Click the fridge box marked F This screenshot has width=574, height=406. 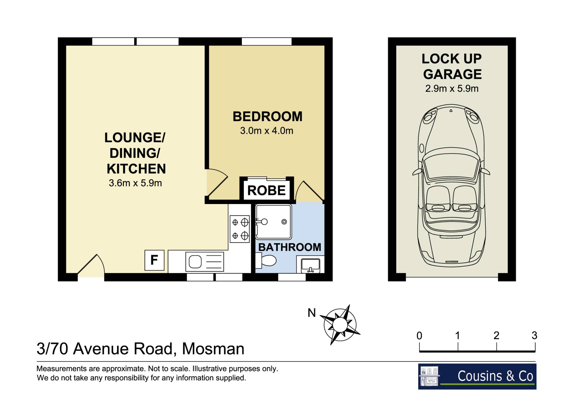[x=154, y=260]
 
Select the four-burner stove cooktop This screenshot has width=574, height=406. [x=240, y=229]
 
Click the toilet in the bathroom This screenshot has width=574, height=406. [x=266, y=260]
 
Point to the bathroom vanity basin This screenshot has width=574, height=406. [x=311, y=265]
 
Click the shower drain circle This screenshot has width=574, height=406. [x=284, y=222]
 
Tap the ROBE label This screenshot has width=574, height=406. [x=266, y=191]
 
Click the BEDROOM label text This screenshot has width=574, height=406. [x=268, y=116]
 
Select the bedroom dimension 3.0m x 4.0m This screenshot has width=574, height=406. [x=267, y=131]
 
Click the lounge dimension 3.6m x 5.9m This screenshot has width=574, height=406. [x=135, y=183]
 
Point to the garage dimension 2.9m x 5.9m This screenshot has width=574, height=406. [x=452, y=89]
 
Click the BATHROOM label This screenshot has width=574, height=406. [x=290, y=247]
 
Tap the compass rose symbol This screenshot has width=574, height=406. [x=340, y=325]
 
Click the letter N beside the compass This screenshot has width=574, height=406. [x=312, y=313]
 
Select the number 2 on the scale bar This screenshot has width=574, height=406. [x=496, y=335]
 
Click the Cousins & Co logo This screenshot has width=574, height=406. [x=477, y=376]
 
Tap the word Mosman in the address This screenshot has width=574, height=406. [x=213, y=349]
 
